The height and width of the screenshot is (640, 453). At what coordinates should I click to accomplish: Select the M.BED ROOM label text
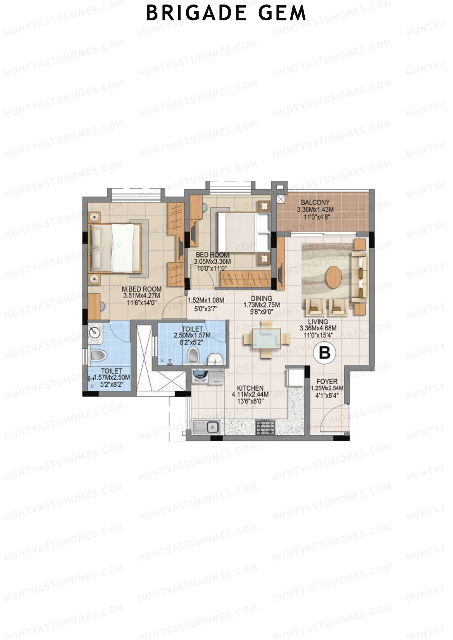142,289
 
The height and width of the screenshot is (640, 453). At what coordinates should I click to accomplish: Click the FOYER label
327,381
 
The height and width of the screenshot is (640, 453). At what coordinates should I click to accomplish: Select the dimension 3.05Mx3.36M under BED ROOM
212,261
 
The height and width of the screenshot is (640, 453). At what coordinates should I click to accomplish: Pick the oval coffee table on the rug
334,277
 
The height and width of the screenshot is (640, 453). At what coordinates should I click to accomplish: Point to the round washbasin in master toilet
94,333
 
